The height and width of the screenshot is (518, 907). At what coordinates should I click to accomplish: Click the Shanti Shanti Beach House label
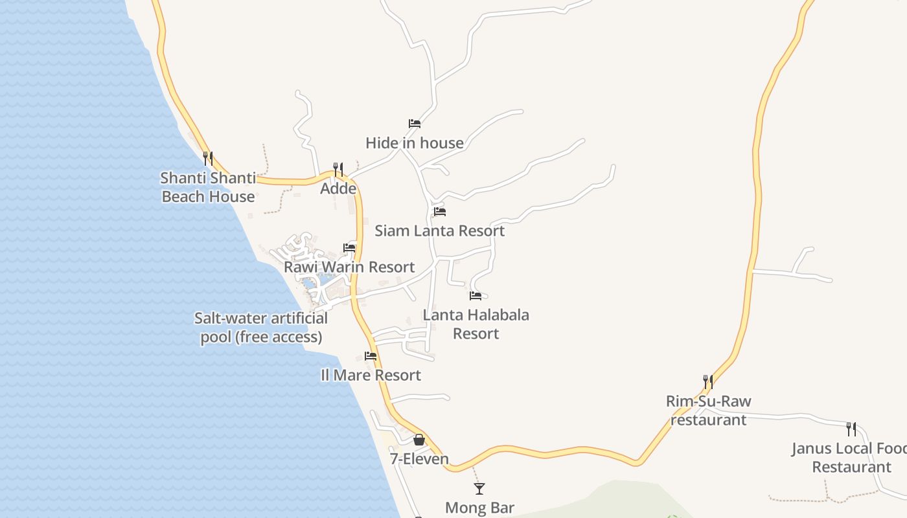(x=208, y=187)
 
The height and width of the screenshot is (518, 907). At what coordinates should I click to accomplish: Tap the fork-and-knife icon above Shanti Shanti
(x=207, y=157)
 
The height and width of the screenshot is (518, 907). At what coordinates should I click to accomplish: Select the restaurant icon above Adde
(x=338, y=169)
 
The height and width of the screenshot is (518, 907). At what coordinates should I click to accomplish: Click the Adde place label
(x=338, y=188)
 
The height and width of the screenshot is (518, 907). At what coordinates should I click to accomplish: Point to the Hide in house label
(x=415, y=143)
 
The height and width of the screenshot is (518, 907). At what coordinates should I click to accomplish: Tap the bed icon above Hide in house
(x=415, y=123)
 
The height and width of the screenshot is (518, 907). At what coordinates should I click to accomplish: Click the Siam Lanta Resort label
(x=440, y=231)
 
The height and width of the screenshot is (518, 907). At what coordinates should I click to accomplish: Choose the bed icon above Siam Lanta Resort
(x=440, y=211)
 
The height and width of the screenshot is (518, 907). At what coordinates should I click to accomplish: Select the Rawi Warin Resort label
(x=349, y=267)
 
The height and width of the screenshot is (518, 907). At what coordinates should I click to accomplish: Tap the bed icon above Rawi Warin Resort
(x=349, y=247)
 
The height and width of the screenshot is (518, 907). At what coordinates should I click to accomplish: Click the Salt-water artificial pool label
(x=261, y=328)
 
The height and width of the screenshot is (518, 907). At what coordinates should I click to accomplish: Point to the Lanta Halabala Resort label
(x=476, y=324)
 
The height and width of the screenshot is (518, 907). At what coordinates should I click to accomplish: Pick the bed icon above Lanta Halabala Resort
(x=476, y=296)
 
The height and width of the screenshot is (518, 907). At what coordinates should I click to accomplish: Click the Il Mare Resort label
(x=371, y=376)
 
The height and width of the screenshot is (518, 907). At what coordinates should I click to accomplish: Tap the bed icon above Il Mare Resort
(x=371, y=355)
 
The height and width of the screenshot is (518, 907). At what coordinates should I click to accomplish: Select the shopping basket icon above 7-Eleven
(x=419, y=440)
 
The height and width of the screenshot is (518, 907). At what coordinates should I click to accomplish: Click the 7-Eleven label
(x=419, y=459)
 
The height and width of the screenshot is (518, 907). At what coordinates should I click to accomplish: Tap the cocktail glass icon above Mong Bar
(x=479, y=488)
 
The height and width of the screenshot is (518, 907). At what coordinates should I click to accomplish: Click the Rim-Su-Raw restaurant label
(x=708, y=411)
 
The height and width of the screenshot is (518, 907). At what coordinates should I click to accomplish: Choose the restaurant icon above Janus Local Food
(x=851, y=429)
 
